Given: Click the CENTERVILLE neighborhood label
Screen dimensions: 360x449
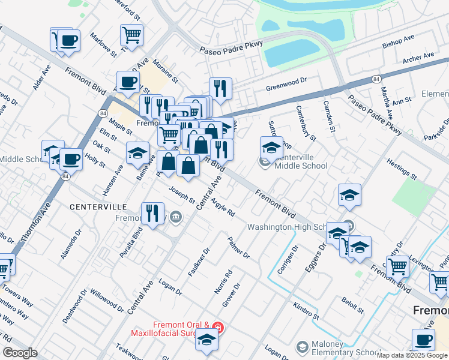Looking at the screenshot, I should [98, 206].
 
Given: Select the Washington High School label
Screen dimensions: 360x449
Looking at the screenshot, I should [287, 227].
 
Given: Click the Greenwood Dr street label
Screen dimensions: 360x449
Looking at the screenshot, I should [286, 88].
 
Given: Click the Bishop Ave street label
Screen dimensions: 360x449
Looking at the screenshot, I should [399, 41].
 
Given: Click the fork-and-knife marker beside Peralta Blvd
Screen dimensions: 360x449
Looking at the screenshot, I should [152, 212].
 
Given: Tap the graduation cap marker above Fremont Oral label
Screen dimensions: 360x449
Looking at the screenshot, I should [207, 339].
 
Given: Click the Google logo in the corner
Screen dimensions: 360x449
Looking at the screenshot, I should [20, 353].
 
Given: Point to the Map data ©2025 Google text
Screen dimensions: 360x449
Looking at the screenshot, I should [412, 355].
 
